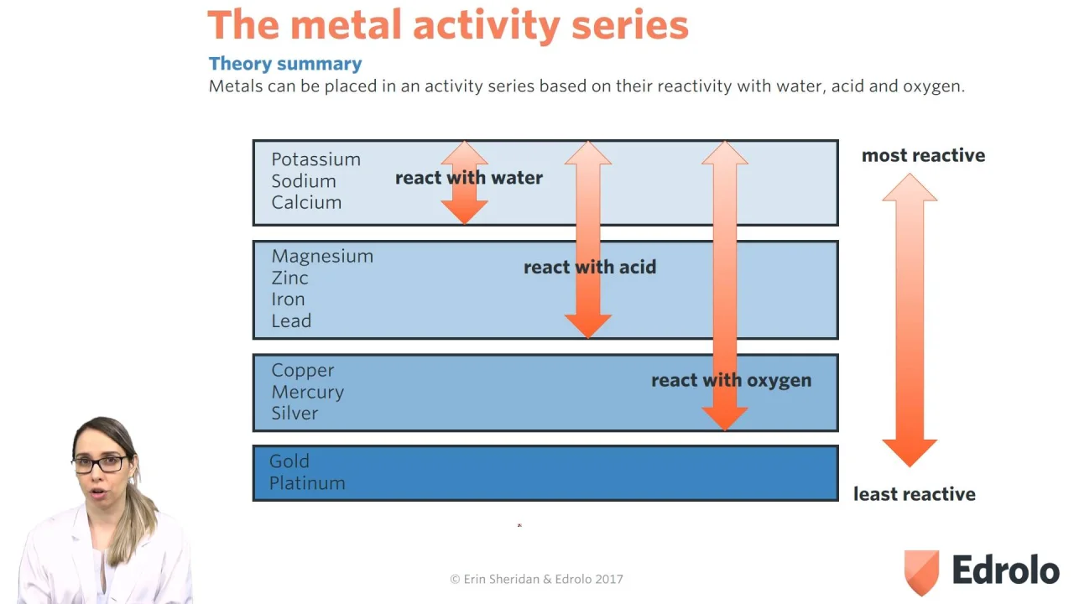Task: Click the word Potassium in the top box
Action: click(x=316, y=159)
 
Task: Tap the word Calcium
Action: click(x=306, y=202)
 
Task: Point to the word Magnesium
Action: click(x=322, y=257)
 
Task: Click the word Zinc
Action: click(x=289, y=278)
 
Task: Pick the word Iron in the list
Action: click(x=288, y=299)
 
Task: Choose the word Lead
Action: click(x=291, y=320)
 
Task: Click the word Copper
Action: click(x=303, y=371)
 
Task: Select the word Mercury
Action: click(x=307, y=392)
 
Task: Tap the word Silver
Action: click(x=295, y=414)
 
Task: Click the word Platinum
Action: click(x=307, y=482)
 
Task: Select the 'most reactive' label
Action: click(x=923, y=155)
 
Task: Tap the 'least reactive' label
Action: click(x=915, y=494)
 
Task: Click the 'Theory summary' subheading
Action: click(x=285, y=64)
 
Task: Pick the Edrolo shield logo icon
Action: click(x=921, y=572)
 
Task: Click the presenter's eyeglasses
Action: click(x=99, y=464)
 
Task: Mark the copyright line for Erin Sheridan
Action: click(x=536, y=579)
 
